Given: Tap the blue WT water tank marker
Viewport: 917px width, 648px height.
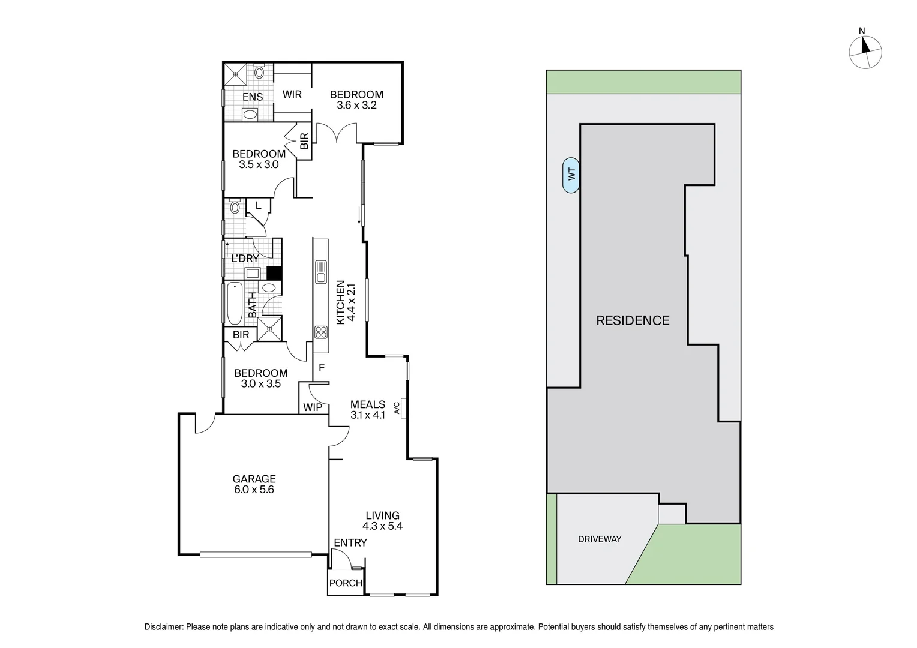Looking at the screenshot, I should pyautogui.click(x=571, y=175).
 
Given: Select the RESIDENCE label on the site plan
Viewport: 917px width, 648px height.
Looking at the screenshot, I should pyautogui.click(x=633, y=320).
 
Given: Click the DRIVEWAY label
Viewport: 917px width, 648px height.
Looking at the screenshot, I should pyautogui.click(x=600, y=539).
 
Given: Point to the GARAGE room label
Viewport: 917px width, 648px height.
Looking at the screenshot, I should pyautogui.click(x=254, y=479).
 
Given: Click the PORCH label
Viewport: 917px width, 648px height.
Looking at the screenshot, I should pyautogui.click(x=346, y=583).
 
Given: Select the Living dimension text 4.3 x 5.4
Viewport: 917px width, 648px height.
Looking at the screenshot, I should pyautogui.click(x=382, y=526).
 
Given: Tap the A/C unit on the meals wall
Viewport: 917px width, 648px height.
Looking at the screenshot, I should pyautogui.click(x=404, y=408).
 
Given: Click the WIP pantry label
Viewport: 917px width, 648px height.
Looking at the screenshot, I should pyautogui.click(x=312, y=407).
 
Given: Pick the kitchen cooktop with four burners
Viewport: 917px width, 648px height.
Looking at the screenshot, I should pyautogui.click(x=320, y=332).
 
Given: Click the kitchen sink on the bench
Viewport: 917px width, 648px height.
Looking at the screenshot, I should pyautogui.click(x=321, y=271).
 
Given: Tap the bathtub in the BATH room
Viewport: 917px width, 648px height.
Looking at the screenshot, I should pyautogui.click(x=234, y=304).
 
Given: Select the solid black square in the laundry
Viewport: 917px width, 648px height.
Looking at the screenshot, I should pyautogui.click(x=274, y=273).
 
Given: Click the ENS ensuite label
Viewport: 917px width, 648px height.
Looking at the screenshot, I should pyautogui.click(x=253, y=97).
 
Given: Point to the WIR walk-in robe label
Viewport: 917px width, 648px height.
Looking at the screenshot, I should pyautogui.click(x=292, y=95).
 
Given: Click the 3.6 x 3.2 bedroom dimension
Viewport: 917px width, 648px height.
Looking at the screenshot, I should pyautogui.click(x=356, y=105).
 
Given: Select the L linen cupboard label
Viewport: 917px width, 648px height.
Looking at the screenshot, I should pyautogui.click(x=259, y=206).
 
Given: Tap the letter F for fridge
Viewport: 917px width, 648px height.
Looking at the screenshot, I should pyautogui.click(x=322, y=368).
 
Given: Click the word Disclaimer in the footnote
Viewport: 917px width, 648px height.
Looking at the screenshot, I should pyautogui.click(x=164, y=627).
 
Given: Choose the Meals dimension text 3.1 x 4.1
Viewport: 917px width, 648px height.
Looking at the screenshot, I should pyautogui.click(x=368, y=415).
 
